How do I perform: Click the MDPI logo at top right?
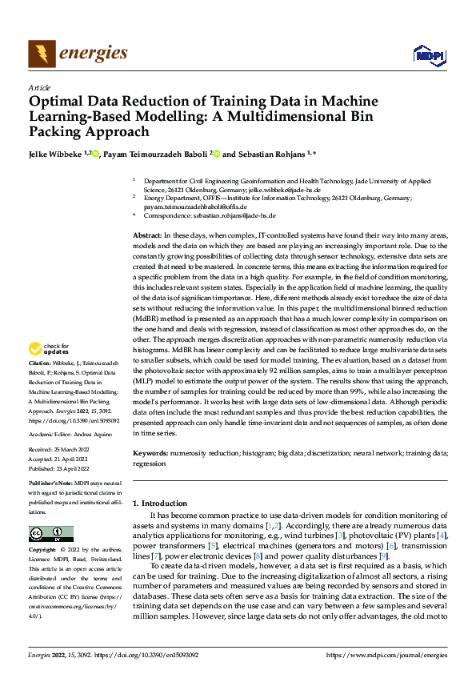click(x=428, y=54)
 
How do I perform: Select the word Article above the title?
click(x=38, y=87)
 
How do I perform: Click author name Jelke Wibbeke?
click(x=57, y=154)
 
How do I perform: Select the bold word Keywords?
click(x=150, y=453)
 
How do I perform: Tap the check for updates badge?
click(x=47, y=349)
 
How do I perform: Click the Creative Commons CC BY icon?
click(x=50, y=534)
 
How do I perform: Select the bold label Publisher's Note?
click(x=51, y=485)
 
